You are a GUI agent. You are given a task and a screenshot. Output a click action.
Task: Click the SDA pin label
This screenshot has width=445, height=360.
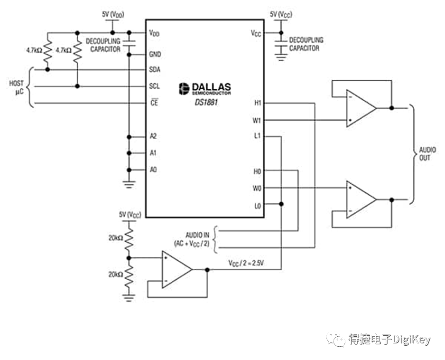155,69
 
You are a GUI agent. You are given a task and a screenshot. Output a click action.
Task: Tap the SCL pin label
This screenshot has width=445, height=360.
154,86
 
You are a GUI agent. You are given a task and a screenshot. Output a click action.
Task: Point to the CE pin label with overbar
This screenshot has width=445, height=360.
154,102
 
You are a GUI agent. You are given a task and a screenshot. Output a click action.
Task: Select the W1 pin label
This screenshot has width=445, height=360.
257,121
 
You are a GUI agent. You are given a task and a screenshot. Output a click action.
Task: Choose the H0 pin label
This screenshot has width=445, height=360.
257,171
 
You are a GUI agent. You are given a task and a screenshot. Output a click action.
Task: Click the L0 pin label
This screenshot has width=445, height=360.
258,206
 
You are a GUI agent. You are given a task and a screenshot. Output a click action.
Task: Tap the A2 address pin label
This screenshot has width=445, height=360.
153,136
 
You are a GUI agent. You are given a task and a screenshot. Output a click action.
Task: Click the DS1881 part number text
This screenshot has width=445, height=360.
206,102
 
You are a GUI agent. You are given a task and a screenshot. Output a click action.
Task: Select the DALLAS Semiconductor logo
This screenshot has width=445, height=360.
205,89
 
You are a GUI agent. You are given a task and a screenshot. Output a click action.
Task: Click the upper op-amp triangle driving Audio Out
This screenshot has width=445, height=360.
361,108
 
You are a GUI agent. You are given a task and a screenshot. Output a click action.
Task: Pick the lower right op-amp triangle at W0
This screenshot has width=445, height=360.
361,199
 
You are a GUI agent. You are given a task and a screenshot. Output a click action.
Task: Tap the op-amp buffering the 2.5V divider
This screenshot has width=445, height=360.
177,269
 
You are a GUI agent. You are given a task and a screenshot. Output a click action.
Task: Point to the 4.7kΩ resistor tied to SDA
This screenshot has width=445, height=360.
47,51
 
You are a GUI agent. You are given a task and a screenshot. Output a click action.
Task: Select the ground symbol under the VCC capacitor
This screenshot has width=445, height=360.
281,57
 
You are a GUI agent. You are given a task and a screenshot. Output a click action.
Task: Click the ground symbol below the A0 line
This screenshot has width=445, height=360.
129,185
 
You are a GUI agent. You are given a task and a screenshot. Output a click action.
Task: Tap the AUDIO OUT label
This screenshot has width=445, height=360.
427,154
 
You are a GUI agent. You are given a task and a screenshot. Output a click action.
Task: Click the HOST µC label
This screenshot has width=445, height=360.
17,87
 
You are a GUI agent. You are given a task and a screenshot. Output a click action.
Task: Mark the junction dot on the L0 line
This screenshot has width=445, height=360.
281,204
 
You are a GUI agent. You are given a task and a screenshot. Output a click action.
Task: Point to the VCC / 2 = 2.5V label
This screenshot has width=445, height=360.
246,263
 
